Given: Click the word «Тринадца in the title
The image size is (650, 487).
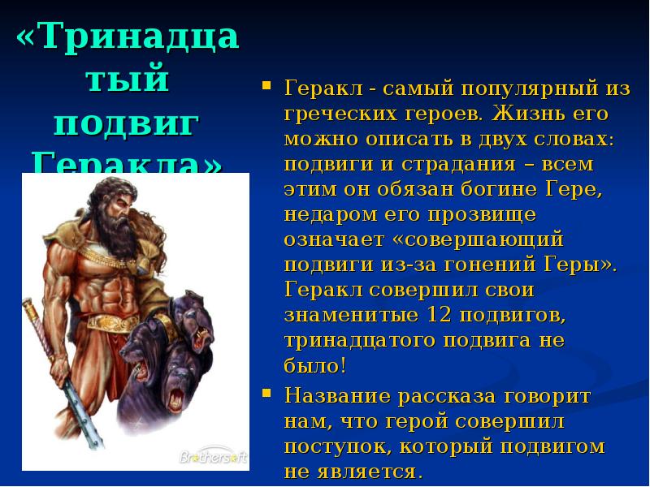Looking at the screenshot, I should (128, 37).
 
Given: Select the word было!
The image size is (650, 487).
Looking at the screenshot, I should (316, 366).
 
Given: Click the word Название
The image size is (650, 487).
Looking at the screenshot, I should (336, 396).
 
